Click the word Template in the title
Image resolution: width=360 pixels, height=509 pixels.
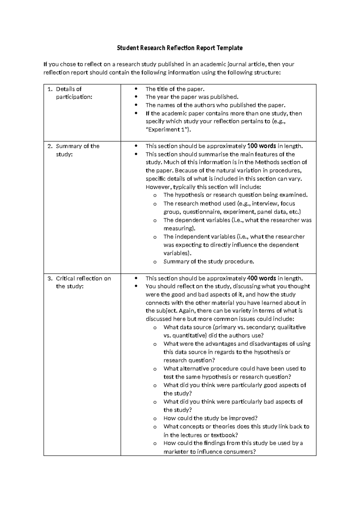click(230, 48)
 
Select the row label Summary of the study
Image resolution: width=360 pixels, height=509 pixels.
click(77, 150)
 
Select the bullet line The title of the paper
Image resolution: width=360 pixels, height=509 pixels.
click(175, 89)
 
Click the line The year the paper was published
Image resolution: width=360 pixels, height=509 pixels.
click(192, 97)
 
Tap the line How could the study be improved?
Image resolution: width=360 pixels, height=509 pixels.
click(211, 418)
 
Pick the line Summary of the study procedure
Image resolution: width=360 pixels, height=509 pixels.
click(208, 262)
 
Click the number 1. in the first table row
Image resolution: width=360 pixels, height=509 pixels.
click(50, 89)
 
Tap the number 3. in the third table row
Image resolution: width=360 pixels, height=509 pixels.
click(50, 279)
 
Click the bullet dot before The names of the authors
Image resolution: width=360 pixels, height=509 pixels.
click(136, 105)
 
